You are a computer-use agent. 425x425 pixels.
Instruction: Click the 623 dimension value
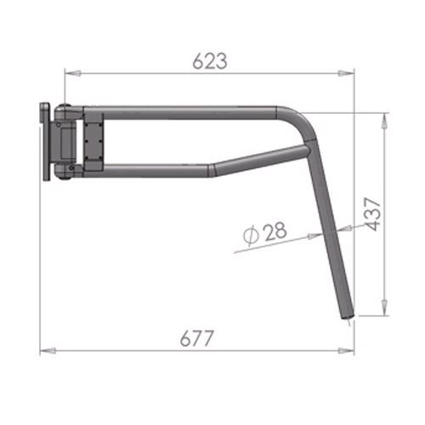pos(209,60)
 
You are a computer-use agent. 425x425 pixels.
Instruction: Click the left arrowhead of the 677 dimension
pos(45,349)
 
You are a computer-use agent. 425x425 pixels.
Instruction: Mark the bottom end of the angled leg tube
pos(347,314)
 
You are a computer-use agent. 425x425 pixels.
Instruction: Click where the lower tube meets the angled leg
pos(308,151)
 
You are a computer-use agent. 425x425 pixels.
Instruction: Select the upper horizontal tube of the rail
pos(187,112)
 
